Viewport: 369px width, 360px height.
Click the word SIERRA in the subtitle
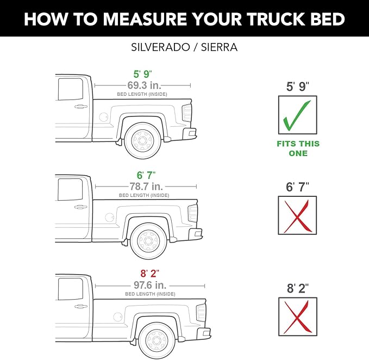[219, 47]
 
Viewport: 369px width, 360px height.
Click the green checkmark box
[297, 115]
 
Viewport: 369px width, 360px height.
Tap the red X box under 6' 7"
[297, 215]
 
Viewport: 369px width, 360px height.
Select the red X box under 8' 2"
[297, 316]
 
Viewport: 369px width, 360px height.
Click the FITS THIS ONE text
[298, 148]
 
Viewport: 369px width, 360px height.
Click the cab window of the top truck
[67, 88]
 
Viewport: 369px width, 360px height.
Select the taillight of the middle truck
[192, 213]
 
